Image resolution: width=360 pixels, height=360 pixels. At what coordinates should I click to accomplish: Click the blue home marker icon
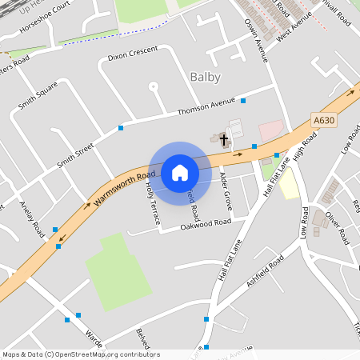(180, 173)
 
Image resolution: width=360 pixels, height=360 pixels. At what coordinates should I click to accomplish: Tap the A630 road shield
(323, 120)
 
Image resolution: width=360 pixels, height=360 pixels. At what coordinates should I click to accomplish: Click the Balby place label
(205, 78)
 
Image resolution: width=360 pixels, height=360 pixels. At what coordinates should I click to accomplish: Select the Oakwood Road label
(206, 222)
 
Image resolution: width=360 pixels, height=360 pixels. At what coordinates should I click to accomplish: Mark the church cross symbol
(225, 140)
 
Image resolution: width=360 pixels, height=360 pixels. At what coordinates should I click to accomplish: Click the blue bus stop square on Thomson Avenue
(242, 101)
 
